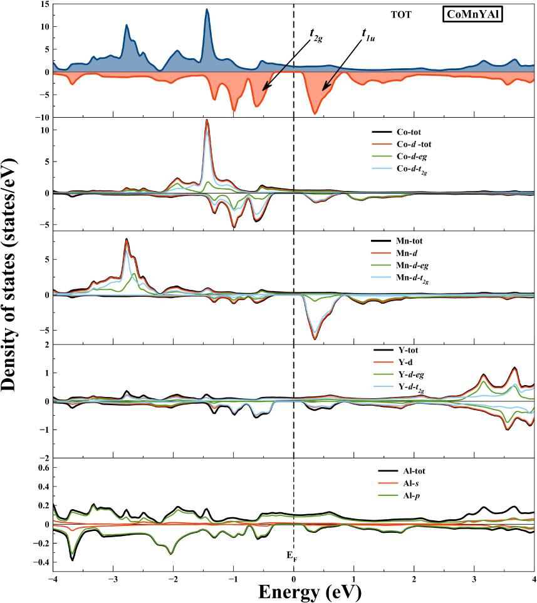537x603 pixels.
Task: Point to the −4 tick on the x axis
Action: coord(53,577)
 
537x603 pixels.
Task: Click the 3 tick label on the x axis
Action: coord(474,577)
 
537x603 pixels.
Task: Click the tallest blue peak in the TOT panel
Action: coord(207,10)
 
